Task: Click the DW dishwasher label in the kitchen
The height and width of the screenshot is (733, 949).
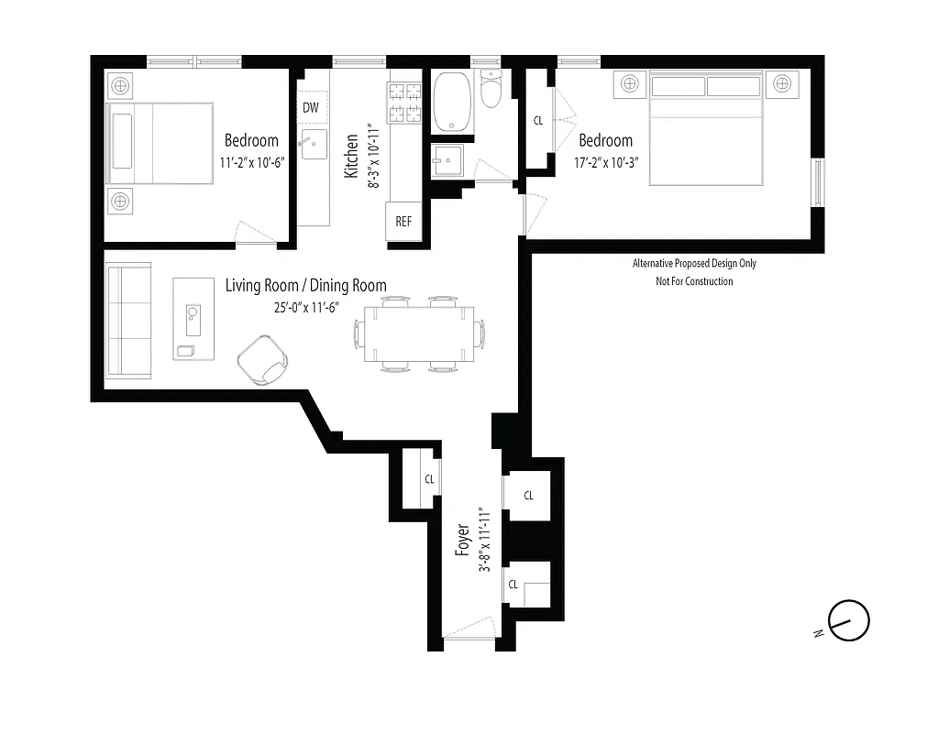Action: [311, 108]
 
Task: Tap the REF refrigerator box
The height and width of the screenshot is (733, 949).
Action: [403, 222]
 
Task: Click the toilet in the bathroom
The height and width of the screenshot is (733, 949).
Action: [492, 92]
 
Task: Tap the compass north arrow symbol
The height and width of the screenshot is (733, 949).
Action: [848, 621]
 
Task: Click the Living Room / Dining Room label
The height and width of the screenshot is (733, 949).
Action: [305, 286]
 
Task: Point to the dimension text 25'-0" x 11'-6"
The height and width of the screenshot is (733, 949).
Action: [305, 309]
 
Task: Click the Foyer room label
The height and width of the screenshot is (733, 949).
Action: [463, 541]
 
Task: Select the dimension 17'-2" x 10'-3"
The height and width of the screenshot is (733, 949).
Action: [605, 161]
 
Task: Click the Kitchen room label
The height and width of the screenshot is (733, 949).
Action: [350, 156]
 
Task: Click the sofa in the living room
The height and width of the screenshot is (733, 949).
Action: [127, 320]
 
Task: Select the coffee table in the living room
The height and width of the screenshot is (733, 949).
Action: [193, 319]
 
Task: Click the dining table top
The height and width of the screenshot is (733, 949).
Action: [418, 334]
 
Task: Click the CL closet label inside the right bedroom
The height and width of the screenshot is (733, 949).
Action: [538, 121]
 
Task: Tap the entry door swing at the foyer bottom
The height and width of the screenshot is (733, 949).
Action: [469, 630]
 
